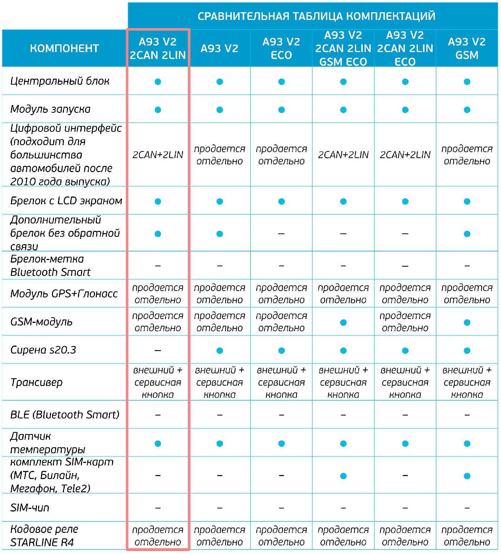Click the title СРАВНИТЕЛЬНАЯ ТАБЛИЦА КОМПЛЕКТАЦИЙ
(x=316, y=16)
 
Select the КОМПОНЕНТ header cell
(x=64, y=48)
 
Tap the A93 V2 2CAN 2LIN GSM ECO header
(x=343, y=48)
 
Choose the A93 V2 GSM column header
(x=467, y=48)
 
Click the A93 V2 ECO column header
(x=281, y=48)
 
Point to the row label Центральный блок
(x=60, y=81)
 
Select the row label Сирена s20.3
(x=43, y=350)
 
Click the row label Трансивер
(x=37, y=382)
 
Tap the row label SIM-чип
(x=30, y=508)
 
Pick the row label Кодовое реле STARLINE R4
(x=44, y=536)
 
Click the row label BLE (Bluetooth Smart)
(x=65, y=415)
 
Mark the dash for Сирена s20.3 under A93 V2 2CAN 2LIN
(x=158, y=350)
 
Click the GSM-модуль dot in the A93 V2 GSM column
(x=467, y=322)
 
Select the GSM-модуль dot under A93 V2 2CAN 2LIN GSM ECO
(x=343, y=322)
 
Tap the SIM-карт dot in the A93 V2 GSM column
(x=467, y=476)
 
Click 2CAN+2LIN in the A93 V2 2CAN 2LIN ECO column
(x=405, y=155)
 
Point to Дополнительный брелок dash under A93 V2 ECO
(x=281, y=234)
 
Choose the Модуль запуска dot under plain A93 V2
(x=220, y=110)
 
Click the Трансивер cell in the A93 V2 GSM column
(x=467, y=382)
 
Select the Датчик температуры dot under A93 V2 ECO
(x=281, y=443)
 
